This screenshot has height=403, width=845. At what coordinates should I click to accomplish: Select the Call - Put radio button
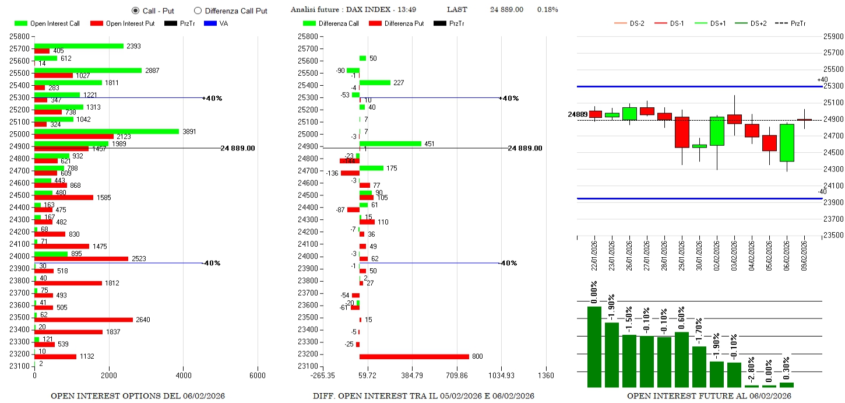(136, 10)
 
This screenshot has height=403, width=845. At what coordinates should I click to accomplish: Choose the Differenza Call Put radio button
(198, 10)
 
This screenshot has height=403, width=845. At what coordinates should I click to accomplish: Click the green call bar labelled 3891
(107, 131)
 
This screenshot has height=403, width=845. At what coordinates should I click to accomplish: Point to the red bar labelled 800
(414, 356)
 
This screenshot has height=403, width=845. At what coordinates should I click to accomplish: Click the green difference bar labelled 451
(390, 143)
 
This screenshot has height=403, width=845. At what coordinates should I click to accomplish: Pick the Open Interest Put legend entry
(122, 23)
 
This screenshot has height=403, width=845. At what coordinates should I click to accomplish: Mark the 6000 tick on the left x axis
(258, 376)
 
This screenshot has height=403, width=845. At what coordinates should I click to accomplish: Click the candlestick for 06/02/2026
(787, 143)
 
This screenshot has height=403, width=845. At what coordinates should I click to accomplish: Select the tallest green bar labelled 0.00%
(594, 346)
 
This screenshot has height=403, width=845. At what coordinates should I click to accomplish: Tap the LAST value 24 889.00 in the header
(506, 10)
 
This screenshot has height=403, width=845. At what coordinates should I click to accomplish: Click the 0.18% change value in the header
(547, 10)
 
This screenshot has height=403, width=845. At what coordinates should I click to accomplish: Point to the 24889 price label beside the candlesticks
(577, 114)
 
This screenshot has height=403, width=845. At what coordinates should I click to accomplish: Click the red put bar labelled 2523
(81, 258)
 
